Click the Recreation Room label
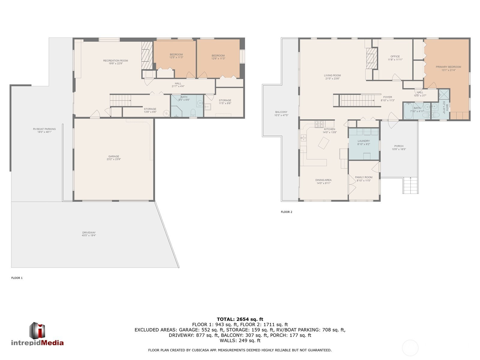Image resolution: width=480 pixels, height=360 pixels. (x=115, y=62)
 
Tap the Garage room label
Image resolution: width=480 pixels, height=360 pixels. (x=114, y=158)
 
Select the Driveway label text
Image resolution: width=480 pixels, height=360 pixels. (x=89, y=234)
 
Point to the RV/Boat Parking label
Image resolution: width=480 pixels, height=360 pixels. (x=44, y=130)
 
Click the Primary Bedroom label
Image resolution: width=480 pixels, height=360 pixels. (x=448, y=68)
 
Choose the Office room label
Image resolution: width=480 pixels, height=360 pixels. (x=395, y=58)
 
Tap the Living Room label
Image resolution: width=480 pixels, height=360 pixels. (x=332, y=77)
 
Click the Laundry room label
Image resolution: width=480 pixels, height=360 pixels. (x=364, y=142)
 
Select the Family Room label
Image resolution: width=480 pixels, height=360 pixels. (x=364, y=179)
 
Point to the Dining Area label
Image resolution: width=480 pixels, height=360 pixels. (x=323, y=181)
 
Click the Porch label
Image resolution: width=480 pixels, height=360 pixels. (x=399, y=148)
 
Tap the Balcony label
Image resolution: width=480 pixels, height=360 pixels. (x=281, y=113)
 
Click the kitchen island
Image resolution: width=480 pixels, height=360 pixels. (x=323, y=143)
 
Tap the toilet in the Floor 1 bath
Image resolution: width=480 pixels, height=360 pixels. (x=193, y=113)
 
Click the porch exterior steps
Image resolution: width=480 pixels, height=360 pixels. (x=411, y=185)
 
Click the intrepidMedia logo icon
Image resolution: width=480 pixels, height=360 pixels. (x=37, y=330)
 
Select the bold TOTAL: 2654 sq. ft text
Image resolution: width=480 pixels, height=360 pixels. (x=240, y=319)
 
